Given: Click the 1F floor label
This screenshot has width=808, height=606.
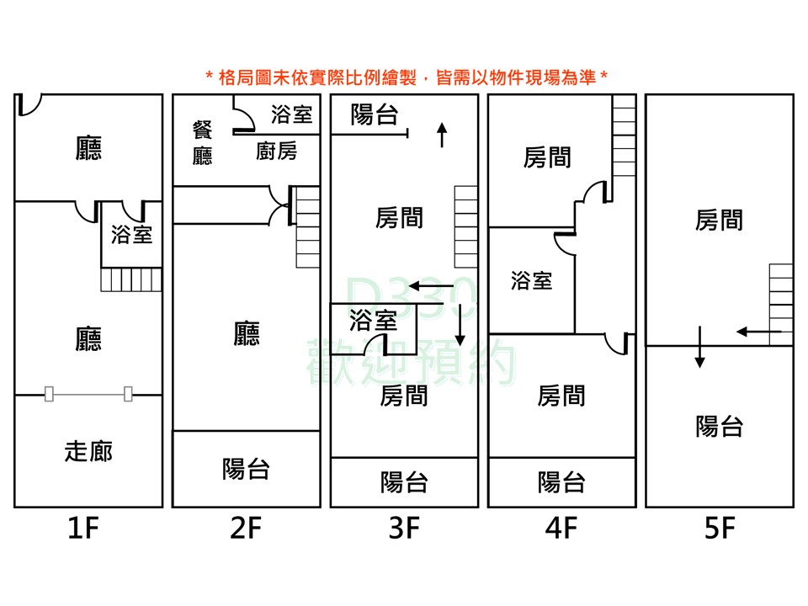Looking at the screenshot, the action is (83, 529).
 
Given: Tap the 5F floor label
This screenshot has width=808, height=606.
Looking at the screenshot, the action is (720, 529).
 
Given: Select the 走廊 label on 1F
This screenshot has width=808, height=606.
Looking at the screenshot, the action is (88, 451).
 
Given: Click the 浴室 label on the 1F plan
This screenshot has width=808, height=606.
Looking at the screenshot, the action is (132, 235).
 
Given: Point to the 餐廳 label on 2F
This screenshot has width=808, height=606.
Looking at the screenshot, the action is (203, 143).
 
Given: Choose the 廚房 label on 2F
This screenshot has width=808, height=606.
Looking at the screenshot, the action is (277, 151).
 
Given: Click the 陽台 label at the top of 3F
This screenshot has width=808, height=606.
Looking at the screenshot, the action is (374, 114).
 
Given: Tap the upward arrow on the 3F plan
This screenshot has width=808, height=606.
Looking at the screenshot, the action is (442, 135).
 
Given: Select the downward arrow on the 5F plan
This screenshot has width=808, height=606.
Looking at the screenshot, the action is (699, 347).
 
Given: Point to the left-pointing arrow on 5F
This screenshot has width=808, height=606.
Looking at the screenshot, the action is (758, 332).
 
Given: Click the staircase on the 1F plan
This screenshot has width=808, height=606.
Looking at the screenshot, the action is (131, 279).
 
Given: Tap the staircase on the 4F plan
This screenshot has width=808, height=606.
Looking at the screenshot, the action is (624, 136).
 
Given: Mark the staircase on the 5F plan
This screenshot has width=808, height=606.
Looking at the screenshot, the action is (781, 305).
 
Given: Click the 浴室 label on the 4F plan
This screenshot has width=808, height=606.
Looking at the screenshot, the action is (532, 281).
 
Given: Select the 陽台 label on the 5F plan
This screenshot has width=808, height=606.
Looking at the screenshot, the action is (720, 427).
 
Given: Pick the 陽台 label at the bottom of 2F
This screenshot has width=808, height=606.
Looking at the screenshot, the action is (247, 470).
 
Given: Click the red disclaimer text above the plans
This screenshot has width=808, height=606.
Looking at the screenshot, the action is (407, 77).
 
